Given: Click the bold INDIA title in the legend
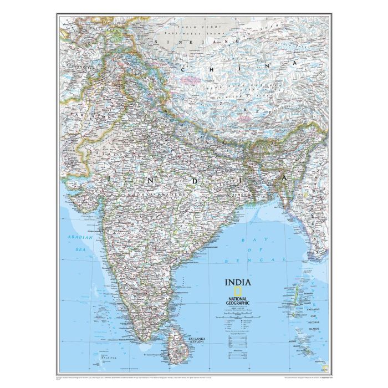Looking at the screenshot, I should click(x=237, y=282).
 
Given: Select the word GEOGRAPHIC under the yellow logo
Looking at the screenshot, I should click(x=238, y=303).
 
